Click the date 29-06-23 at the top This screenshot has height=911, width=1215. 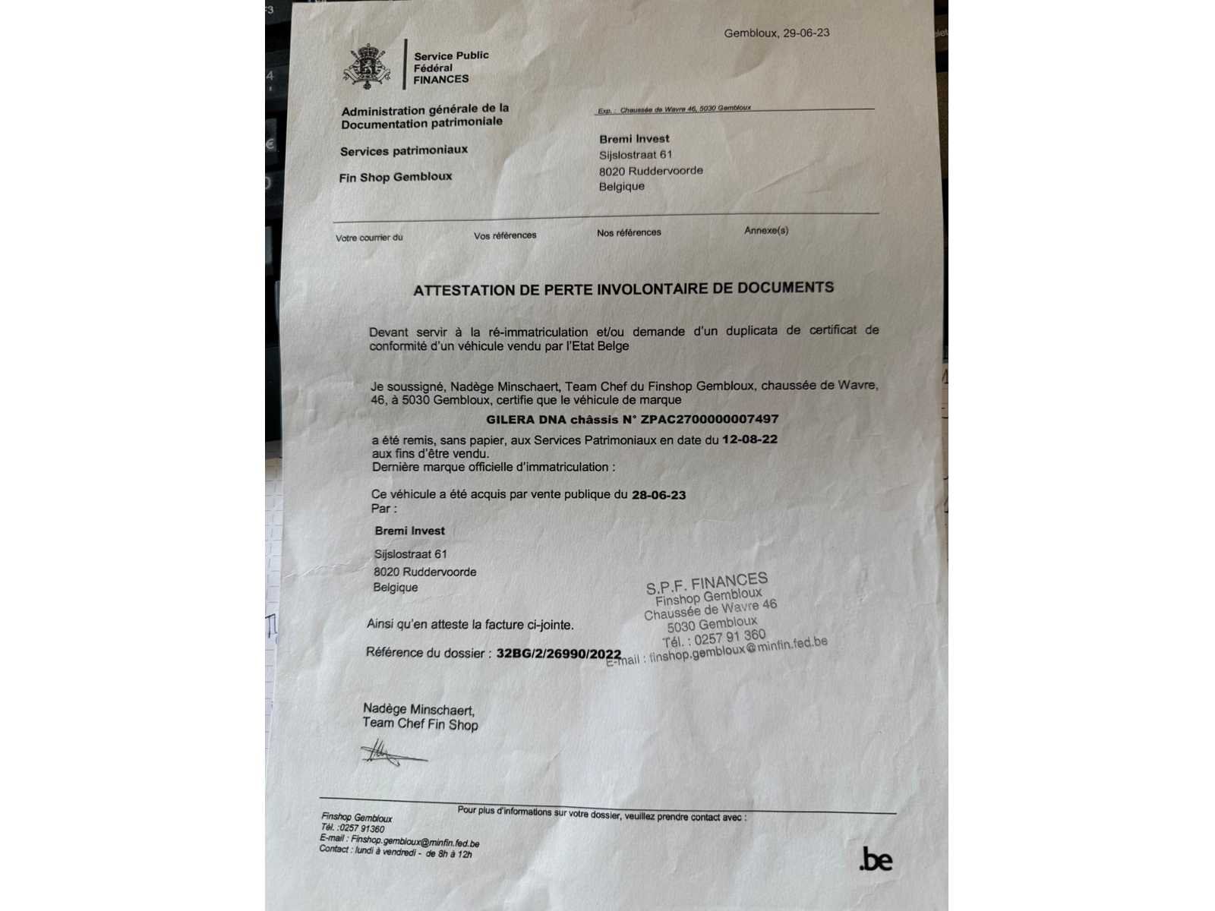click(804, 33)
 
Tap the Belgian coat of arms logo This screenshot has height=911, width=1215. click(367, 67)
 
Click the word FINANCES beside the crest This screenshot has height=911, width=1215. click(441, 79)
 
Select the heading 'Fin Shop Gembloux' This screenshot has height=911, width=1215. click(396, 177)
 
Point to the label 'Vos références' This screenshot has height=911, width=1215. click(505, 235)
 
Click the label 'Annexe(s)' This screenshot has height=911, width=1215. click(766, 230)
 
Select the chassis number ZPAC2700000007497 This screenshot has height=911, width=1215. click(709, 419)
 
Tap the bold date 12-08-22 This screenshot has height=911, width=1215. click(750, 440)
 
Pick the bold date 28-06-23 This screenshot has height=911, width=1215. click(658, 495)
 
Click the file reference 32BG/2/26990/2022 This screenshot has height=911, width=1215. click(558, 654)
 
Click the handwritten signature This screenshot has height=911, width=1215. click(391, 754)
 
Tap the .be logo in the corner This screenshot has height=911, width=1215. click(876, 860)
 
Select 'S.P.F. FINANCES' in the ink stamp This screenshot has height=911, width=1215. click(707, 583)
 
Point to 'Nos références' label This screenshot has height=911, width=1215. click(629, 232)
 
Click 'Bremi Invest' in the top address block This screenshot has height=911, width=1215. click(634, 139)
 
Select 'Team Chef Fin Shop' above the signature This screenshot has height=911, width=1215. click(420, 724)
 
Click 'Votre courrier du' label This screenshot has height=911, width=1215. click(369, 238)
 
